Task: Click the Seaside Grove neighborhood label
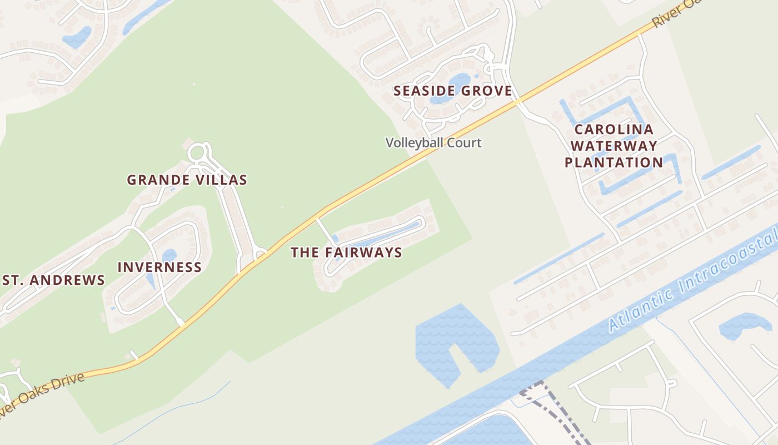(452, 91)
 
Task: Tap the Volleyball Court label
(433, 143)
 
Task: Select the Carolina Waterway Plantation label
(614, 146)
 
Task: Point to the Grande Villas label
(187, 180)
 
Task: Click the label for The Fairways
(346, 253)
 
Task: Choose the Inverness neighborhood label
(159, 267)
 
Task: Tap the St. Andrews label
(53, 280)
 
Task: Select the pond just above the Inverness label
(169, 255)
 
